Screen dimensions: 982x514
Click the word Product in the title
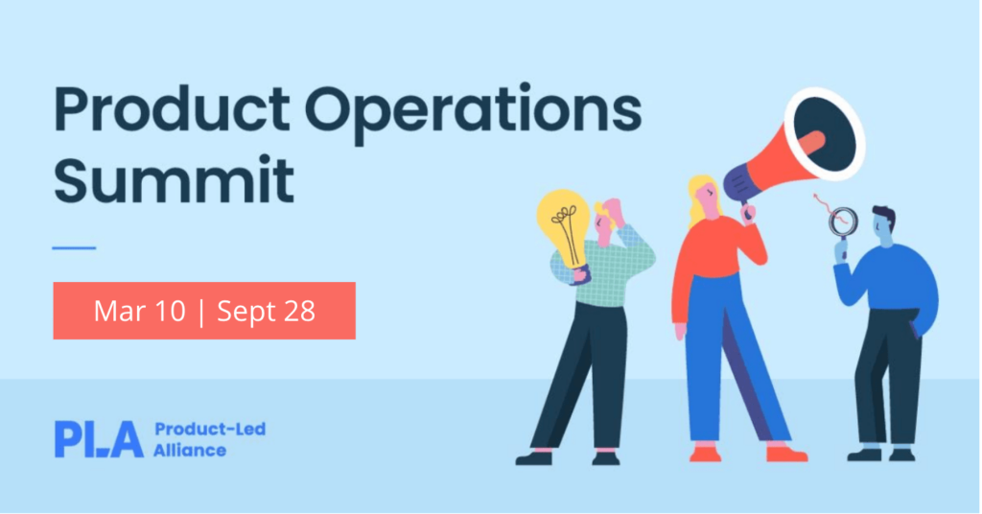click(172, 109)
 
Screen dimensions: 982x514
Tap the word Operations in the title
click(474, 114)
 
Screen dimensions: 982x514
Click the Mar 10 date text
click(140, 311)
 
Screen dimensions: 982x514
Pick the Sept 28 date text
click(267, 312)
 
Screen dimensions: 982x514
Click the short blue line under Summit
click(74, 248)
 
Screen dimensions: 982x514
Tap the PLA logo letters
click(99, 439)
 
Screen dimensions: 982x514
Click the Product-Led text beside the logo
click(210, 429)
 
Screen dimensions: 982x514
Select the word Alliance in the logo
click(190, 450)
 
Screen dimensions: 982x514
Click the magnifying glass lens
click(843, 222)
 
